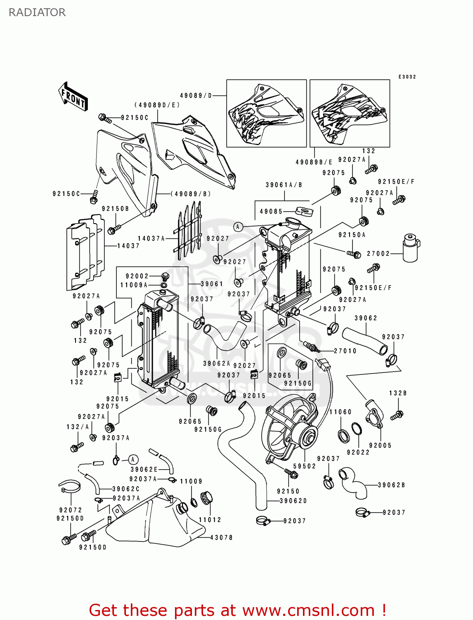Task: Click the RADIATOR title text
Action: [x=37, y=12]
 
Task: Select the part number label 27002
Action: [x=378, y=254]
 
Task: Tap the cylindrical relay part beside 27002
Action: [x=410, y=248]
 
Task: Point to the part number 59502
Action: [x=305, y=466]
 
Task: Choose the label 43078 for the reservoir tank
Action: [x=222, y=538]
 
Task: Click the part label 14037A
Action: [x=151, y=238]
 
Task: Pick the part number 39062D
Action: [x=293, y=501]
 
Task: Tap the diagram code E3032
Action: [x=407, y=77]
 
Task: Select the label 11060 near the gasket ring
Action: [x=341, y=412]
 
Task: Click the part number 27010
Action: [x=345, y=351]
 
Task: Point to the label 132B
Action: [x=398, y=393]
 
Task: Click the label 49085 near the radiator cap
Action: [x=271, y=212]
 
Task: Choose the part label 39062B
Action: [x=391, y=485]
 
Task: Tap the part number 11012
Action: [x=210, y=520]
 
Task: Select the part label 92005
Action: [x=380, y=446]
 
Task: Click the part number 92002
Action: [x=137, y=276]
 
